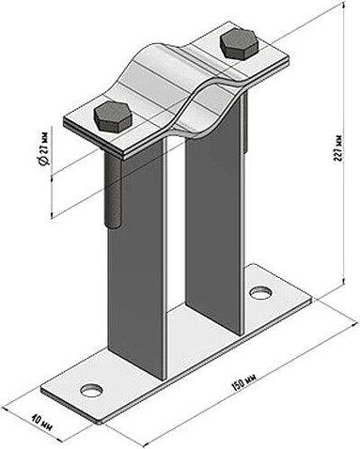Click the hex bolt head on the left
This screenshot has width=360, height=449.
coord(113,116)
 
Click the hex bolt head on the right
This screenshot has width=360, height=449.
coord(240,43)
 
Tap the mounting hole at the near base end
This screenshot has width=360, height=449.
coord(91,390)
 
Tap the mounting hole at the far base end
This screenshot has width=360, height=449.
coord(260,292)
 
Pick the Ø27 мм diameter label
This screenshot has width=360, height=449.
coord(44,147)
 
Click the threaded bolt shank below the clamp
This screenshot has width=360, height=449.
coord(112,188)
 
